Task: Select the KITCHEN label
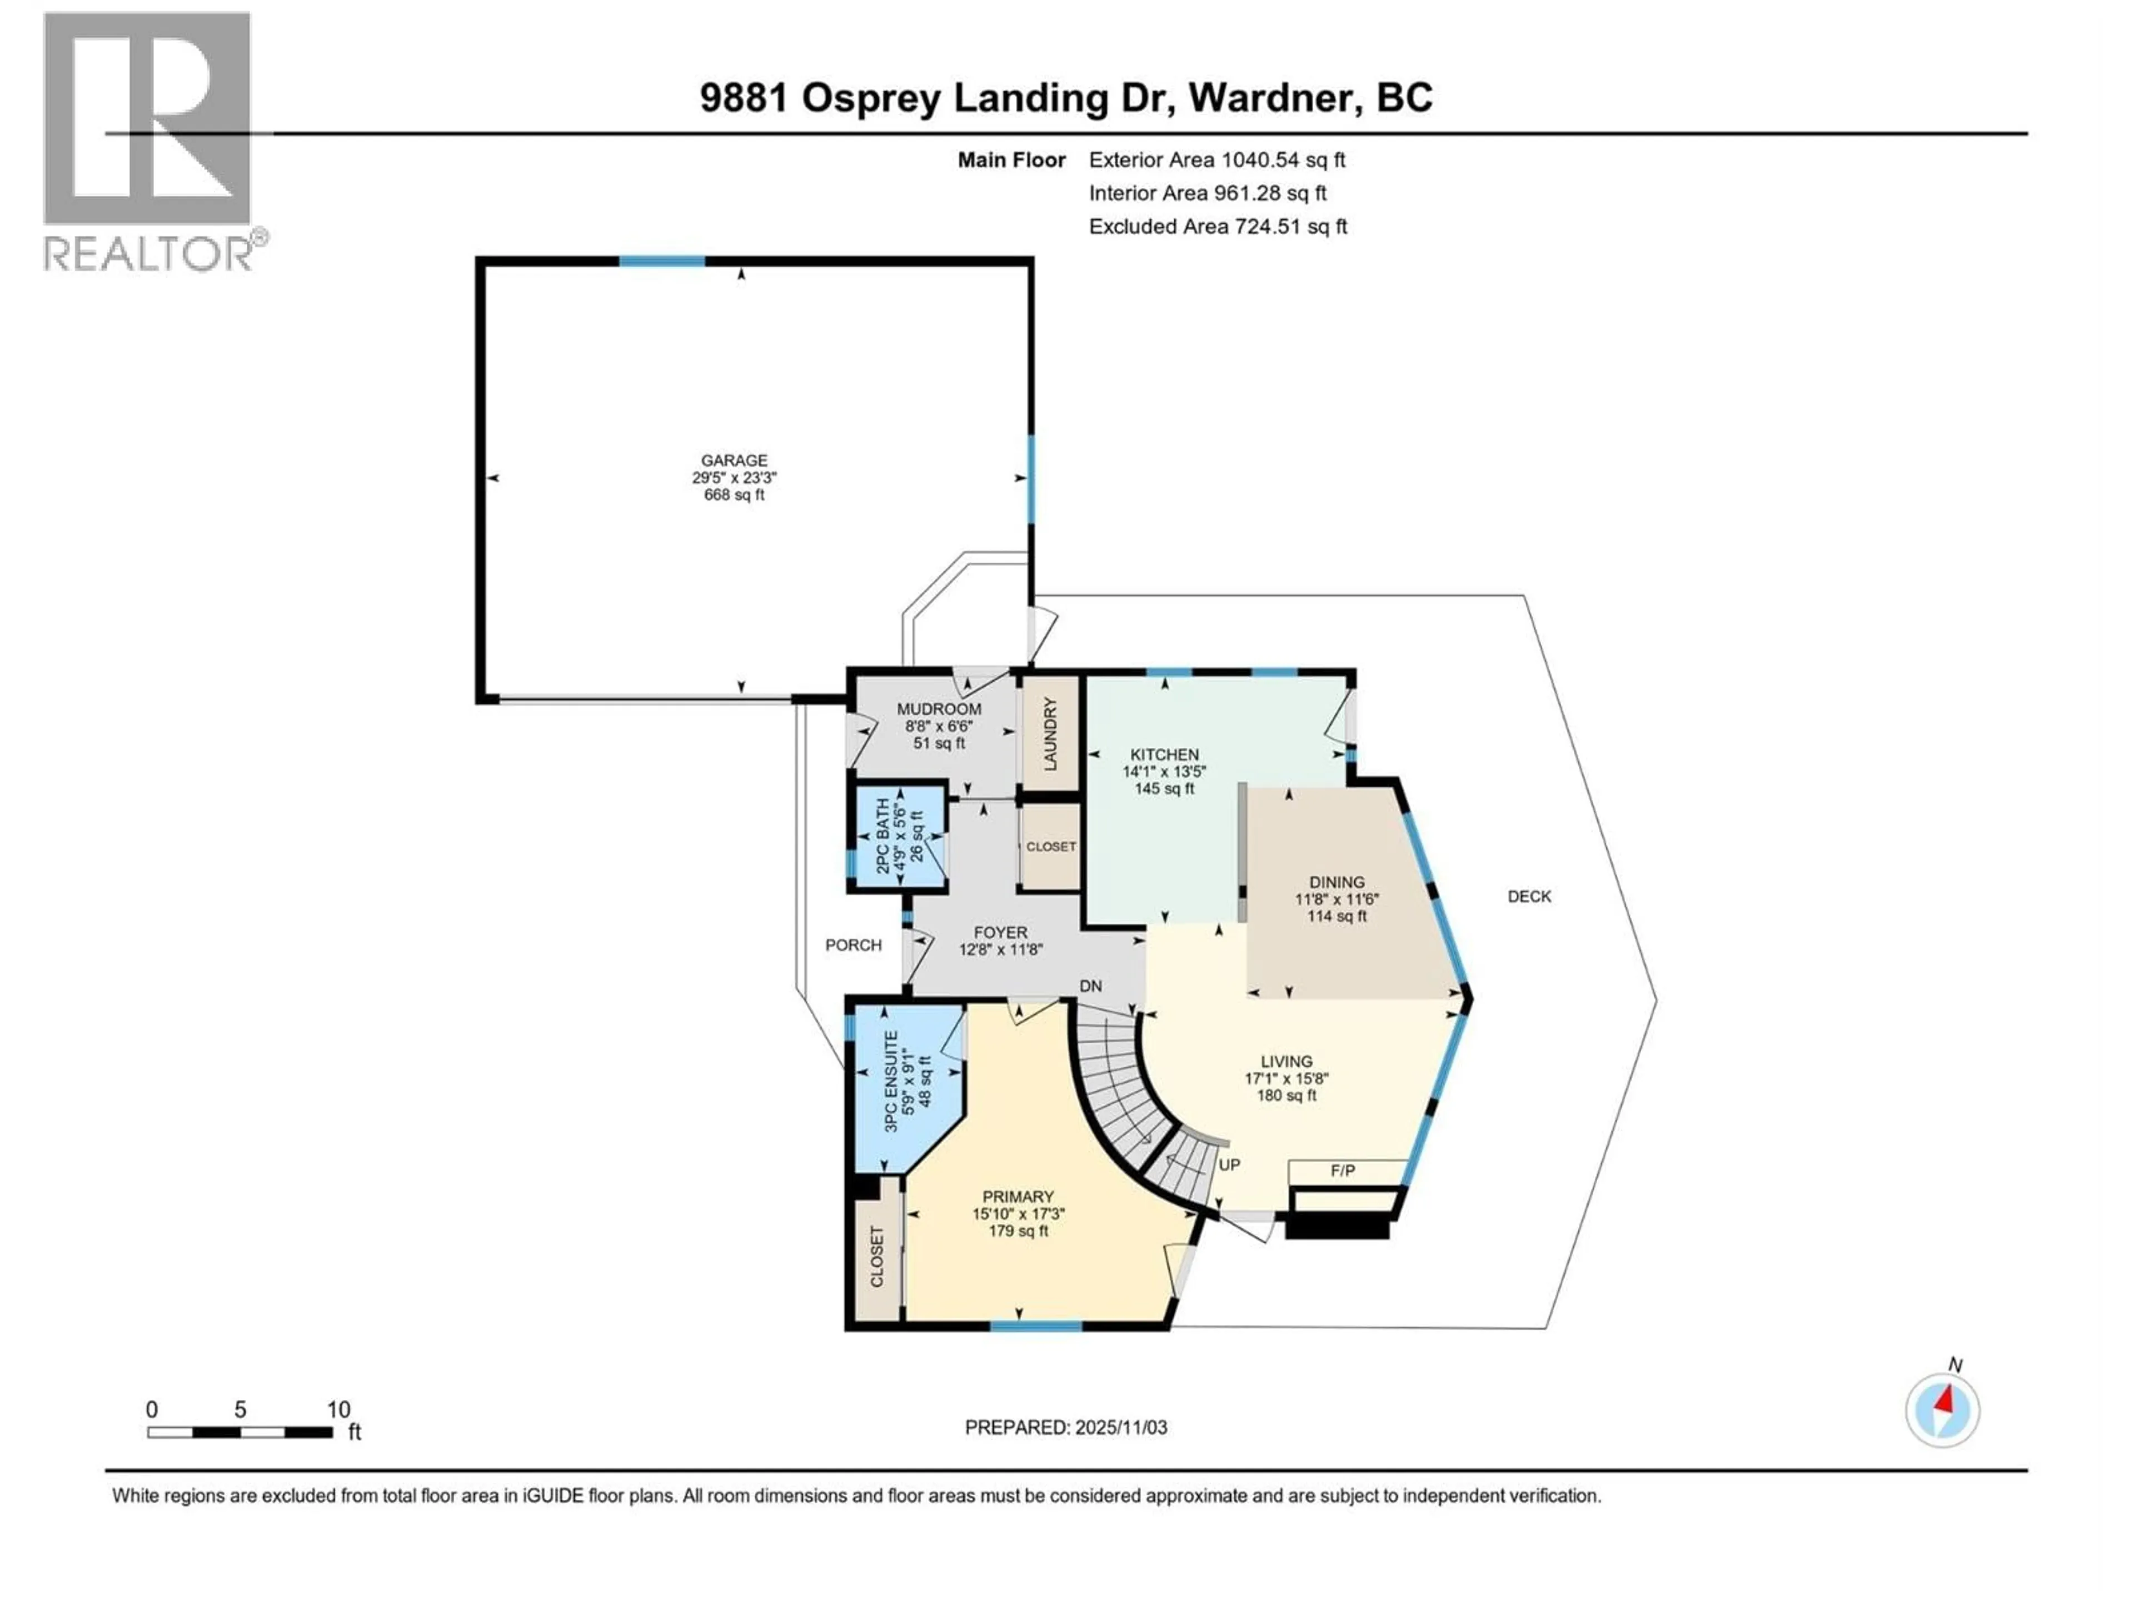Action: tap(1164, 755)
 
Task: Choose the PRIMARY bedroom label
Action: tap(1018, 1197)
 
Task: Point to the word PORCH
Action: tap(853, 945)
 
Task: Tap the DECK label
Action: tap(1529, 897)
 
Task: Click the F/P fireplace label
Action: tap(1343, 1171)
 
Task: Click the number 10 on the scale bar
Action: tap(338, 1409)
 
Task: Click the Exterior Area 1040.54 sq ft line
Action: tap(1216, 160)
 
